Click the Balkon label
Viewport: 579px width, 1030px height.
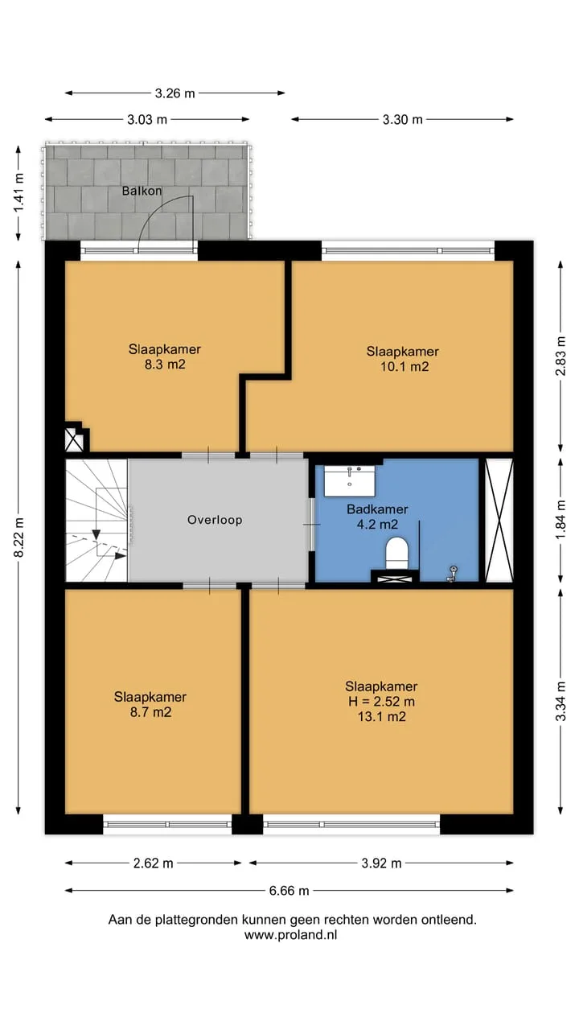142,191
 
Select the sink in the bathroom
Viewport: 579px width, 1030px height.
349,481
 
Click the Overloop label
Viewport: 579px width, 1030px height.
215,520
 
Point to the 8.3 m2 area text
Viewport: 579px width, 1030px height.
165,365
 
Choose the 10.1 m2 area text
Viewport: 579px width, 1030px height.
404,366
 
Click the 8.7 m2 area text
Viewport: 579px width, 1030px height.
150,712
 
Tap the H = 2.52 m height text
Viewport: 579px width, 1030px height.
381,702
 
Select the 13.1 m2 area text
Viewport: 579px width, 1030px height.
382,717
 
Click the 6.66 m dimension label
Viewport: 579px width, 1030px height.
289,891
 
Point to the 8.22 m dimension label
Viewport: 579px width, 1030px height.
18,537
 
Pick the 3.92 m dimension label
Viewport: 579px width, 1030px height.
381,863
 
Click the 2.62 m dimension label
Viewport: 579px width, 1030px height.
153,863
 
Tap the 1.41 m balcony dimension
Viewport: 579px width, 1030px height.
18,192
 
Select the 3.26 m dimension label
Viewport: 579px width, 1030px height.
175,93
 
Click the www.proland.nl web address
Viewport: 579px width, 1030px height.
291,935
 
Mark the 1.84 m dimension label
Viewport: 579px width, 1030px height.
561,521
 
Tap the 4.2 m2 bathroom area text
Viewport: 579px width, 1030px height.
377,524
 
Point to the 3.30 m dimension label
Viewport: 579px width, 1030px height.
403,120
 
